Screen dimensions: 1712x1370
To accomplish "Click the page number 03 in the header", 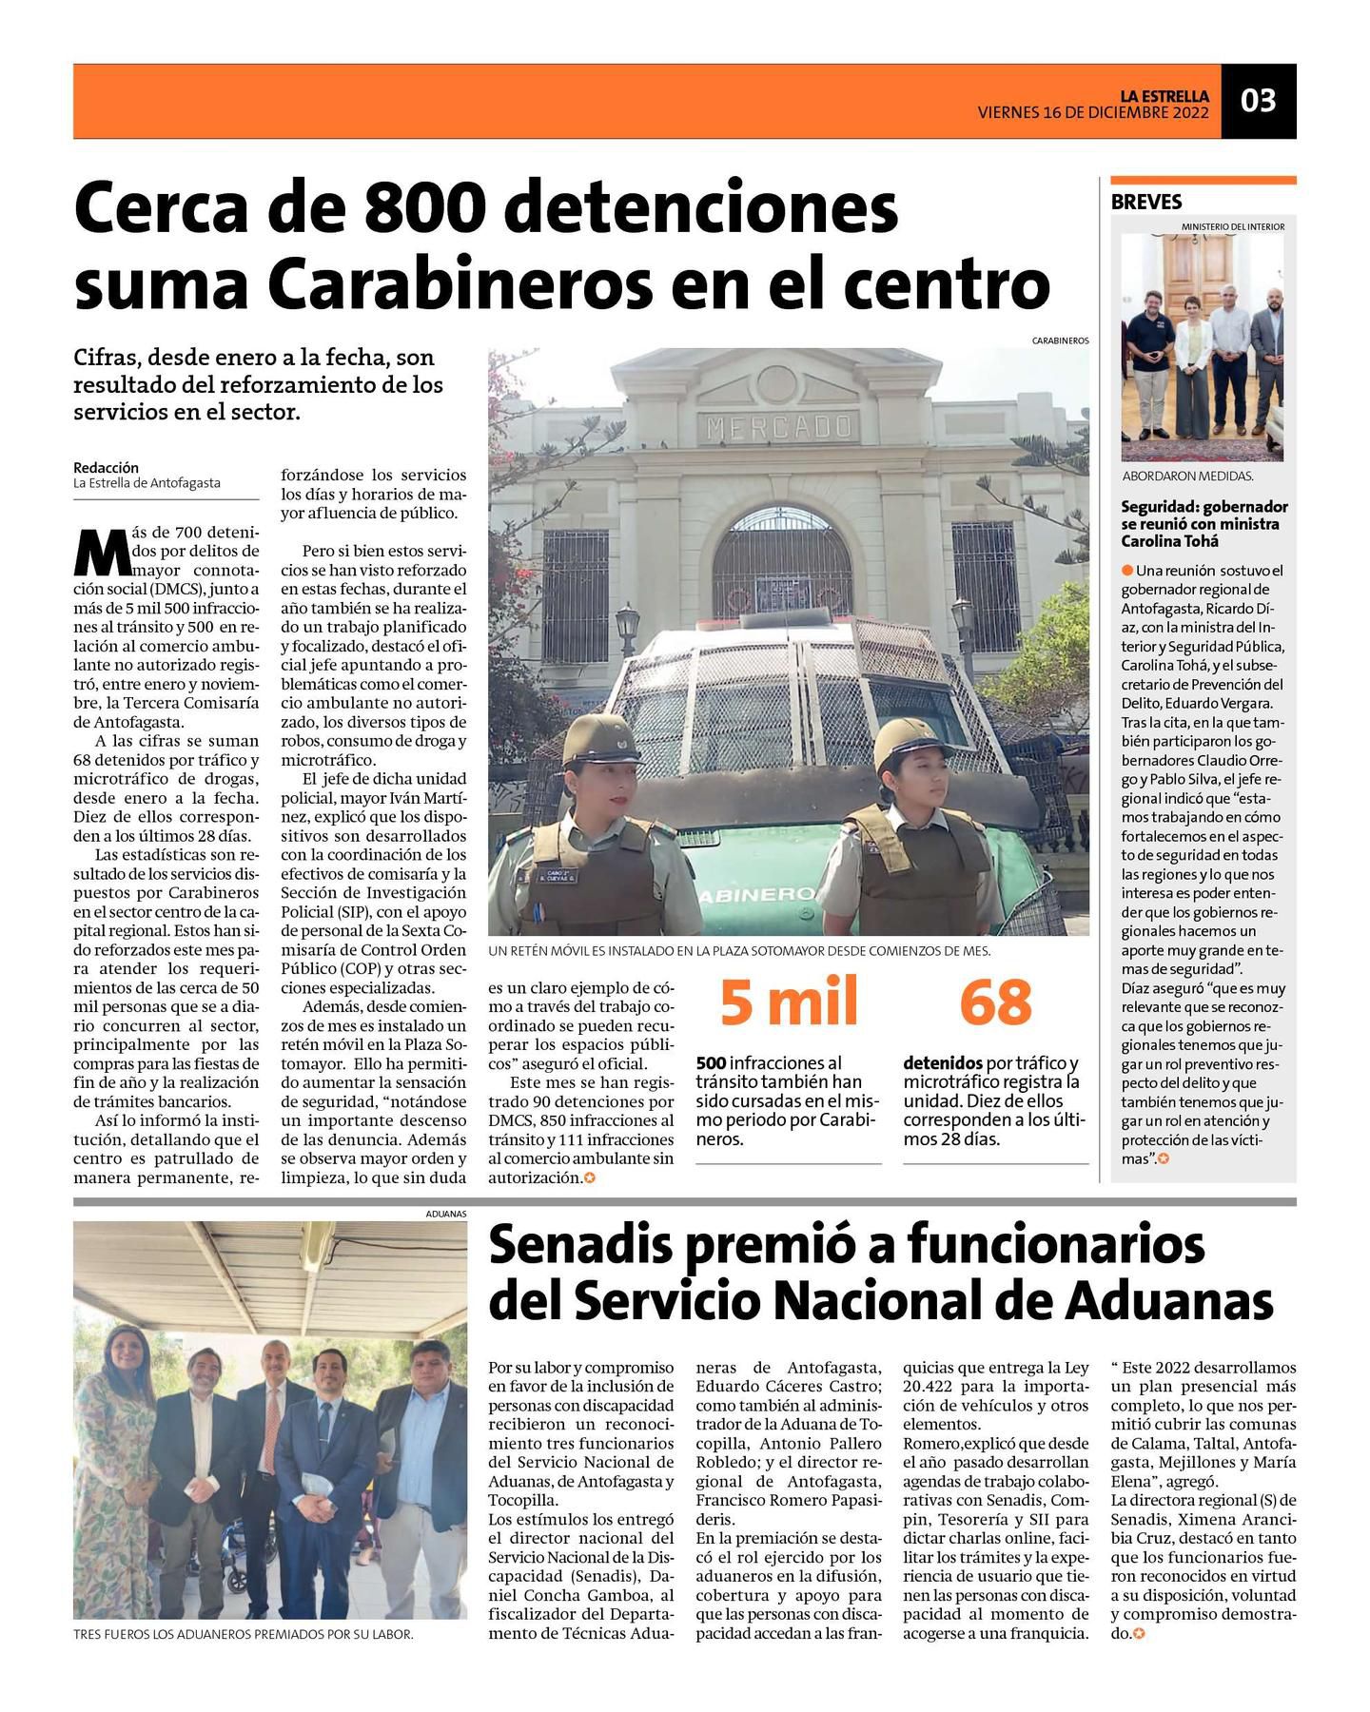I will click(1258, 101).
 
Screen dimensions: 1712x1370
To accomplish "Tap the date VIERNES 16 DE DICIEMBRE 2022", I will click(1093, 112).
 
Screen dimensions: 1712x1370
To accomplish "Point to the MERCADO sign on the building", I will click(778, 428).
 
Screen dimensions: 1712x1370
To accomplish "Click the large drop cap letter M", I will click(102, 552).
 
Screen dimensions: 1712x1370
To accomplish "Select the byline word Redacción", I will click(106, 467).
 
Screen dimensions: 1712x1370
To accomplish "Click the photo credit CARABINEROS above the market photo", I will click(1060, 340).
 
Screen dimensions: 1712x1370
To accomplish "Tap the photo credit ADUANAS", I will click(446, 1214).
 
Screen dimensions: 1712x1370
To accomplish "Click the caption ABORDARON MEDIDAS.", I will click(1186, 477).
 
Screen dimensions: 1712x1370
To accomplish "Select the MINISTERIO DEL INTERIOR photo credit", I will click(1232, 226).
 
